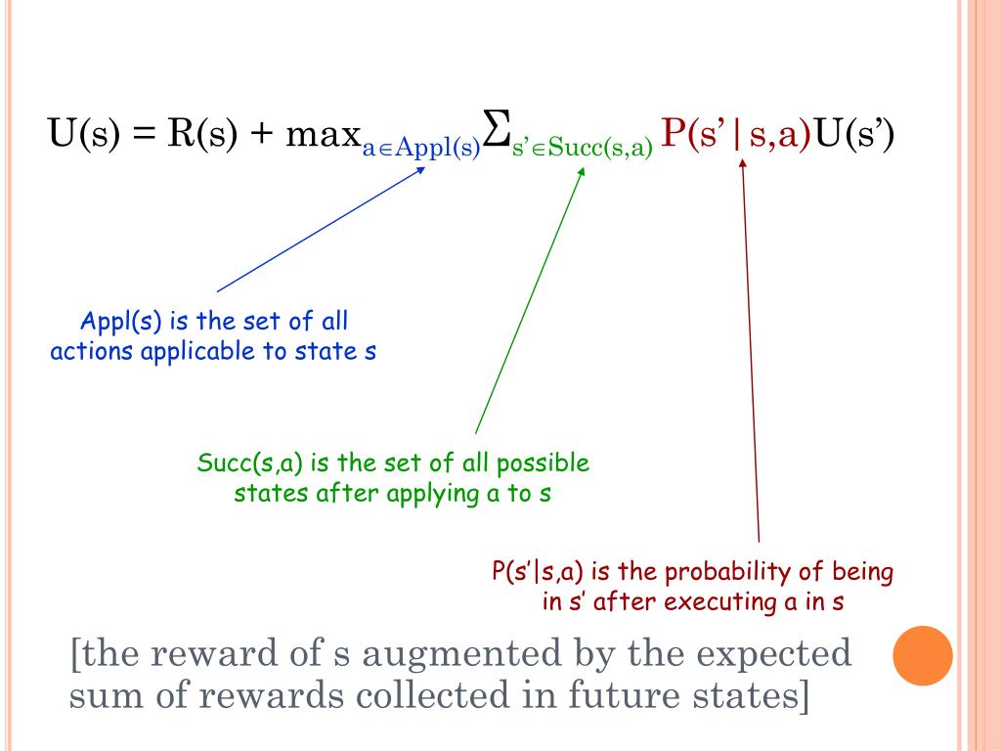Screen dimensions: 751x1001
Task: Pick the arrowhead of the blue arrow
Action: pyautogui.click(x=422, y=167)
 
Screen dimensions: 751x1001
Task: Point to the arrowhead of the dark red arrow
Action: pyautogui.click(x=742, y=163)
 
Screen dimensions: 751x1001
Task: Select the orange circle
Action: pyautogui.click(x=923, y=655)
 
